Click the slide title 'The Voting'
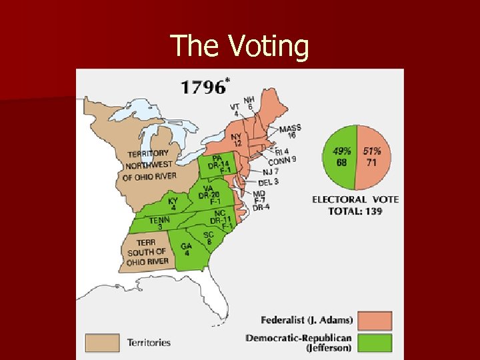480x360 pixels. (x=240, y=46)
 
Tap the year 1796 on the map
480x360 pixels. (x=203, y=87)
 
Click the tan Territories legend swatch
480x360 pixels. (x=102, y=343)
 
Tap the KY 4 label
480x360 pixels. (x=173, y=203)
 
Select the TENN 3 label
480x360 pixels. (x=159, y=223)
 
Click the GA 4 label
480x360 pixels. (x=187, y=249)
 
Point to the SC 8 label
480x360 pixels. (x=209, y=238)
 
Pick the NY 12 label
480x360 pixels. (x=236, y=139)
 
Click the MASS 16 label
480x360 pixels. (x=290, y=131)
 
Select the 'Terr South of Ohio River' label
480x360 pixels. (x=147, y=252)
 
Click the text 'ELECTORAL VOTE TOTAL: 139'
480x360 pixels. (x=355, y=205)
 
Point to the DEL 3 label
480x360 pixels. (x=268, y=181)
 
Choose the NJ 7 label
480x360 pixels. (x=270, y=171)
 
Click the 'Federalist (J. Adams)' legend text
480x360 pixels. (x=307, y=320)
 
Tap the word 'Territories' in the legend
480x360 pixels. (x=149, y=343)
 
